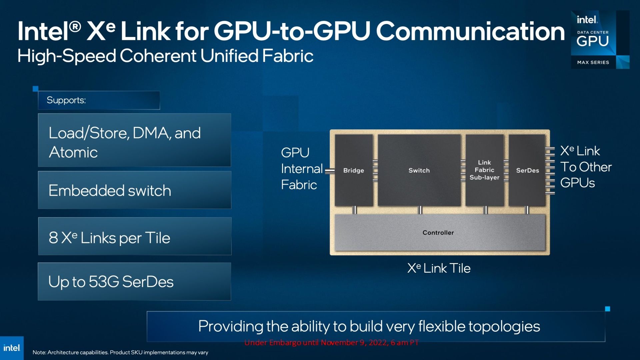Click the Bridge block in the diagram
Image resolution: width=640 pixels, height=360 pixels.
(x=354, y=170)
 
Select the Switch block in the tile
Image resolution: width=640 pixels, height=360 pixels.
(x=419, y=170)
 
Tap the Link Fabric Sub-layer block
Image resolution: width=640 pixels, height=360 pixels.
(x=484, y=170)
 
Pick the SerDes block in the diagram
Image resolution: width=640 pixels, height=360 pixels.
(x=527, y=170)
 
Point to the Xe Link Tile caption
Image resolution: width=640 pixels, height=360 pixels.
(x=439, y=268)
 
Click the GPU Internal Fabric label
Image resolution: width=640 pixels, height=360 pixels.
(x=301, y=168)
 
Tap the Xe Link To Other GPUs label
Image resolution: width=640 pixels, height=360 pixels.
(x=586, y=167)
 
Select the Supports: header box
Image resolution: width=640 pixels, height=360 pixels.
(x=99, y=100)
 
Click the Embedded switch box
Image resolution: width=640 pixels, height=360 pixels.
(x=135, y=190)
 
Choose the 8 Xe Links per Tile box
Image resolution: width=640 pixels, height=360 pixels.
(x=135, y=236)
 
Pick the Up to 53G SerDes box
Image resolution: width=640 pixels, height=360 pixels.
(x=134, y=281)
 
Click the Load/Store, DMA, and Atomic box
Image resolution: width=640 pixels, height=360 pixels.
(x=135, y=140)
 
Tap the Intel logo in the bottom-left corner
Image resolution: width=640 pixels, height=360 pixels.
(x=12, y=348)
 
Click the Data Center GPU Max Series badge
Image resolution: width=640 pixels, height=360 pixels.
(x=600, y=40)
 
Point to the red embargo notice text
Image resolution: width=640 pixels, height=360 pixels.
(x=331, y=343)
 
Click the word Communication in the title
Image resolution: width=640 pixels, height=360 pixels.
(x=470, y=31)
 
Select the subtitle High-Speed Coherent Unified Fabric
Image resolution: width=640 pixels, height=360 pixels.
(x=165, y=56)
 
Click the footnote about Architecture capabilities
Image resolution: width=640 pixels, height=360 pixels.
(x=120, y=352)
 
